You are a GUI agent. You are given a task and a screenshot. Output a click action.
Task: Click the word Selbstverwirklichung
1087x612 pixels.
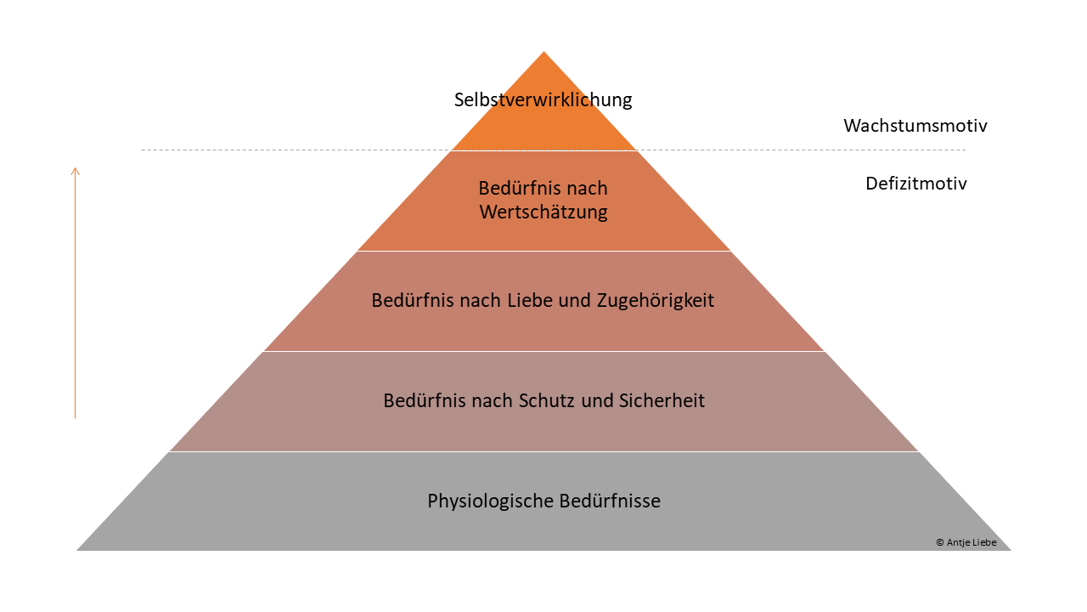point(543,99)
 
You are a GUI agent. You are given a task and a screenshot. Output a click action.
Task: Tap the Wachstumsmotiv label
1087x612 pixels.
point(915,126)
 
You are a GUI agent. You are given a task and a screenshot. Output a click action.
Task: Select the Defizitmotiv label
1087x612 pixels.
point(916,183)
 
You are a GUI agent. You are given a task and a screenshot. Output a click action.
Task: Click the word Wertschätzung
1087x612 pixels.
point(543,212)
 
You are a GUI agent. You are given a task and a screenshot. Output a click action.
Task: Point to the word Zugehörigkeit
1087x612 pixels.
point(655,301)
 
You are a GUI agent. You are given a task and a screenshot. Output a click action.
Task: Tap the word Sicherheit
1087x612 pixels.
point(662,400)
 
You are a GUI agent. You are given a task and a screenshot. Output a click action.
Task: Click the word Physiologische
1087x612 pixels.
point(490,501)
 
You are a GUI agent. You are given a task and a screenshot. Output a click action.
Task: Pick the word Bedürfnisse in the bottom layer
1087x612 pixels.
point(610,501)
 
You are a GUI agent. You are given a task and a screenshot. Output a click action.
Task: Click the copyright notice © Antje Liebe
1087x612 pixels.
point(966,542)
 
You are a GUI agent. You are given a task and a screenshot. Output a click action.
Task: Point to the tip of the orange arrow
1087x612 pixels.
point(76,167)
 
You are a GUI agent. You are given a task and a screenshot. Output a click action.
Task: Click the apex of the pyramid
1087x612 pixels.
point(543,52)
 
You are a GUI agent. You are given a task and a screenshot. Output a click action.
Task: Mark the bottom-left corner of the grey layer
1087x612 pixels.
point(76,550)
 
